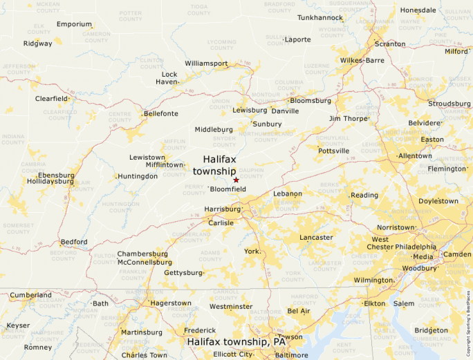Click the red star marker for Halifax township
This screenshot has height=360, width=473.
click(236, 180)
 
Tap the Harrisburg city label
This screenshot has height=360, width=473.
click(222, 209)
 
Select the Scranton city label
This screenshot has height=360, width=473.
click(390, 44)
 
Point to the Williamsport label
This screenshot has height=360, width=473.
click(206, 64)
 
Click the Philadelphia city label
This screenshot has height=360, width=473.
click(415, 247)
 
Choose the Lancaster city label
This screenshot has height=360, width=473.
click(316, 238)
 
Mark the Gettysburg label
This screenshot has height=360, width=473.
click(184, 273)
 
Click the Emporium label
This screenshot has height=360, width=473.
click(74, 24)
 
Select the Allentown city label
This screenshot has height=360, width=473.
click(415, 156)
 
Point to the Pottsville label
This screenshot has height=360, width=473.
click(333, 151)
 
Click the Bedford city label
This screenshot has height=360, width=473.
click(74, 242)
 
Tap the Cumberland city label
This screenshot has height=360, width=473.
click(30, 295)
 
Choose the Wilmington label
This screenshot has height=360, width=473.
click(373, 280)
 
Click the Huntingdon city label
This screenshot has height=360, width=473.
click(138, 176)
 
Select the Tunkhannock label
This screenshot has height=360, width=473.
click(319, 17)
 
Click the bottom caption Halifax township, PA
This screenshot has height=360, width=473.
click(236, 342)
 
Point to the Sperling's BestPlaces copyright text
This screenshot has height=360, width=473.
click(468, 319)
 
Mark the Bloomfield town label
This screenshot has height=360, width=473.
click(228, 189)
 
